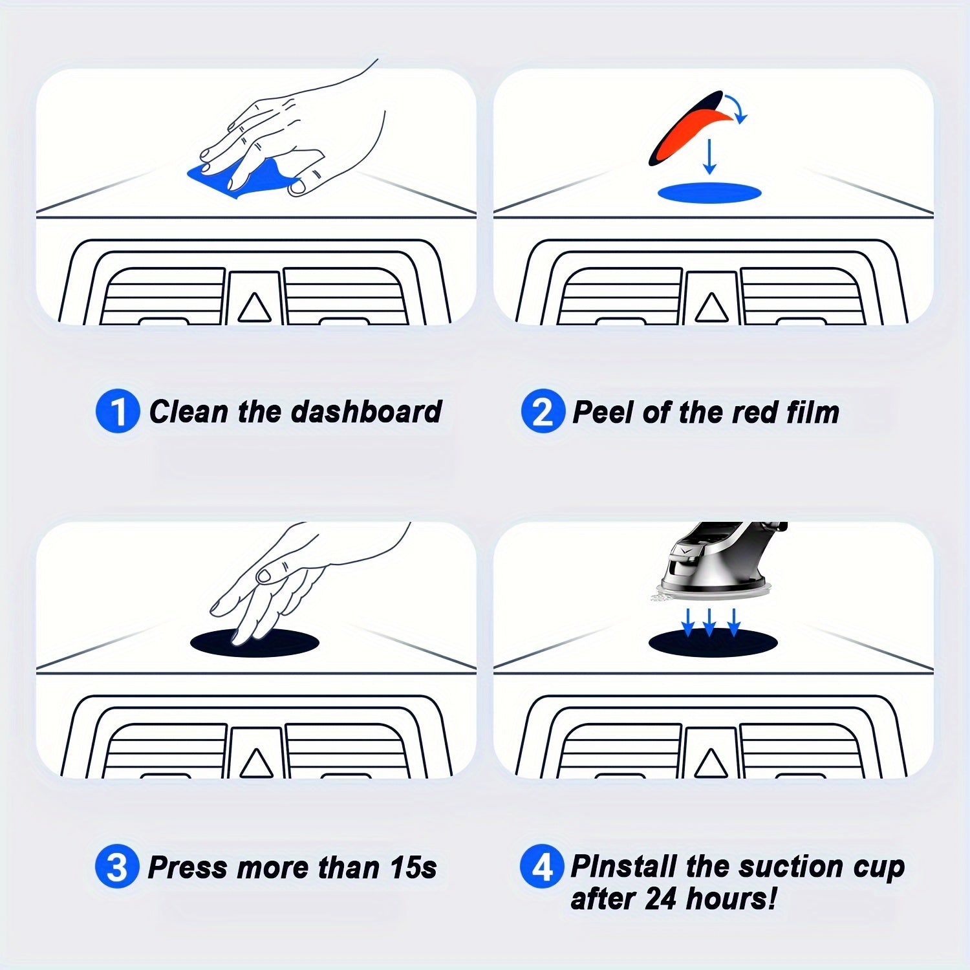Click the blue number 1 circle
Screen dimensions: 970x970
coord(118,411)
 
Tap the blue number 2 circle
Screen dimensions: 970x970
coord(543,411)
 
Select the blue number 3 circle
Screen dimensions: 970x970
coord(117,867)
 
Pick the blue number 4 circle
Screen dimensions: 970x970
coord(542,867)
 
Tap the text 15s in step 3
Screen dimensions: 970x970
coord(413,867)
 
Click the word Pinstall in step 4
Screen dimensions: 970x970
coord(625,866)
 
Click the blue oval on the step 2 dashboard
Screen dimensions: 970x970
coord(709,192)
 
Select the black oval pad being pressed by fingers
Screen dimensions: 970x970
coord(255,642)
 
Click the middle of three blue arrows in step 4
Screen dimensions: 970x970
coord(709,621)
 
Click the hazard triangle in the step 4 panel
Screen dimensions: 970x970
coord(711,762)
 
